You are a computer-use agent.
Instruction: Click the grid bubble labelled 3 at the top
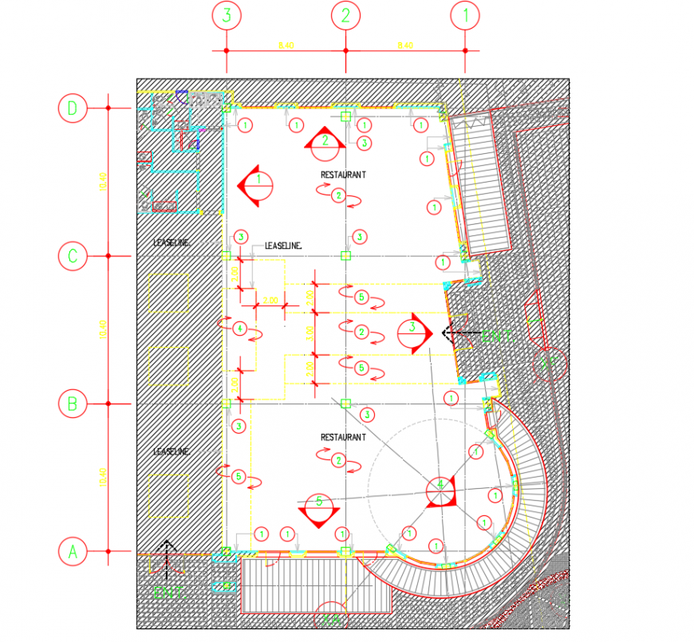227,16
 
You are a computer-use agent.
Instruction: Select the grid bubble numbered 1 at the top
465,16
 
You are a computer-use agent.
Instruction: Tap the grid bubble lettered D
73,108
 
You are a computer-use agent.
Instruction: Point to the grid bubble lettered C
73,256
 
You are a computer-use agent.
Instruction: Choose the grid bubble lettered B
73,404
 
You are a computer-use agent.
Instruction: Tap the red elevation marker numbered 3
413,331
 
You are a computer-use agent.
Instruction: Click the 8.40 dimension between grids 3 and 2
286,45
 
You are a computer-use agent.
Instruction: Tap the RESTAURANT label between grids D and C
343,174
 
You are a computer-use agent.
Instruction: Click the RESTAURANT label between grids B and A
343,437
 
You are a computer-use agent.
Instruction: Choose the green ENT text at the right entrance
500,337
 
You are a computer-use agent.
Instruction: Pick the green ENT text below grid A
168,593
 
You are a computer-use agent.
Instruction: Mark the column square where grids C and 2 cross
345,256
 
